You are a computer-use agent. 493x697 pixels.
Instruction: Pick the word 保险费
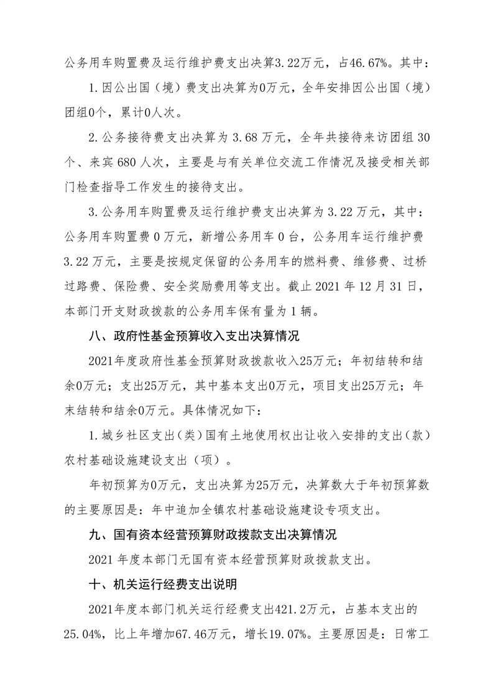point(137,287)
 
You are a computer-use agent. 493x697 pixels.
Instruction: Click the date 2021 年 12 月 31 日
point(372,287)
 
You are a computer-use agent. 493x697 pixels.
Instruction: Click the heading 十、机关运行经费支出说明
point(170,585)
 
